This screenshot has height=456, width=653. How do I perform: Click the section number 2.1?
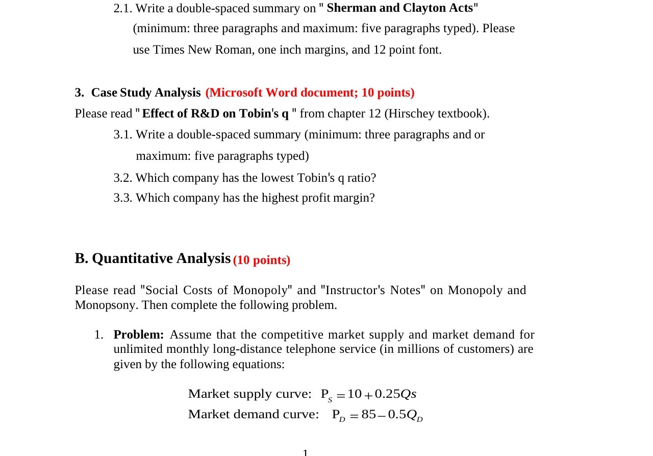(123, 9)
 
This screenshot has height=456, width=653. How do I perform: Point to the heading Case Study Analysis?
(145, 92)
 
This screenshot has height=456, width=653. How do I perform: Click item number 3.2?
(122, 178)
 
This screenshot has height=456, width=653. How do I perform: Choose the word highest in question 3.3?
(280, 198)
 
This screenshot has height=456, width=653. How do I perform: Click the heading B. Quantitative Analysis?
(153, 258)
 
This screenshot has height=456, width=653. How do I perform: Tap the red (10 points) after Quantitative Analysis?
(262, 260)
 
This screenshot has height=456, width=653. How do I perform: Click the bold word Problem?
(138, 335)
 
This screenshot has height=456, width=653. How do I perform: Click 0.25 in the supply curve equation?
(387, 394)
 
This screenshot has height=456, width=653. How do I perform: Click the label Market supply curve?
(249, 394)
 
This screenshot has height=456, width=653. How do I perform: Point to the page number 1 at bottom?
(305, 452)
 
